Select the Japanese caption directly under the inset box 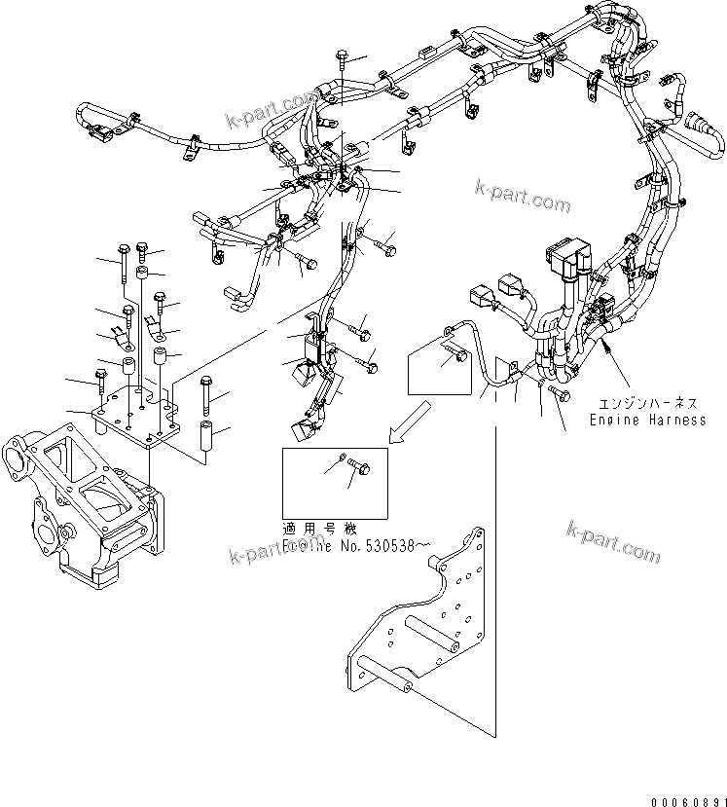(314, 530)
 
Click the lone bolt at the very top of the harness (342, 60)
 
